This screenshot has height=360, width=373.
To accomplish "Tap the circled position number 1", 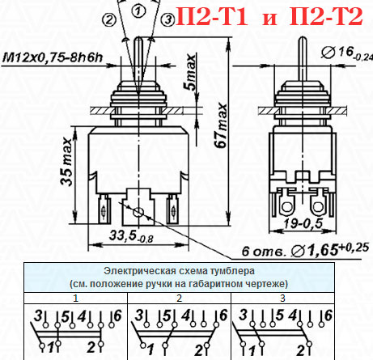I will pyautogui.click(x=140, y=11).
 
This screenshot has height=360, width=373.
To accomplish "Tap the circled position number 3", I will pyautogui.click(x=167, y=19).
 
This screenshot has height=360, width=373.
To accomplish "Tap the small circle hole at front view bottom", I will pyautogui.click(x=139, y=211).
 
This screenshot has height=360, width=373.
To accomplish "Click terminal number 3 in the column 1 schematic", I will pyautogui.click(x=36, y=315).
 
